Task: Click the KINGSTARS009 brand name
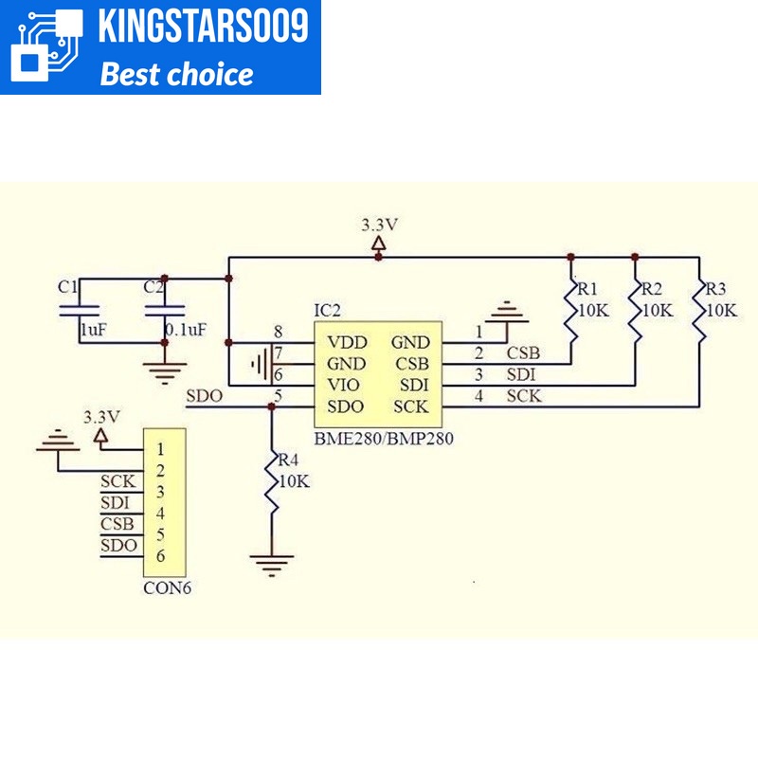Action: click(203, 26)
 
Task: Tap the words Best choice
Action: click(176, 74)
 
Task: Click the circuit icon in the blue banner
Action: click(46, 45)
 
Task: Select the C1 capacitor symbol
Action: click(80, 311)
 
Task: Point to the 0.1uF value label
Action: click(186, 330)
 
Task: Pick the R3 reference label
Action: click(716, 289)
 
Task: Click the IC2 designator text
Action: click(327, 311)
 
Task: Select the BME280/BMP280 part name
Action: click(384, 439)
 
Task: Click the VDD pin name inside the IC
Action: click(347, 342)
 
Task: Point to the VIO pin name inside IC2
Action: click(343, 385)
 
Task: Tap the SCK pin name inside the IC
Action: click(411, 406)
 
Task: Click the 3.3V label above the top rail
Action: click(380, 225)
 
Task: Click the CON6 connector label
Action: click(168, 587)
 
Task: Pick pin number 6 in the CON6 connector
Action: click(160, 556)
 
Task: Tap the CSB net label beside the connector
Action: click(117, 524)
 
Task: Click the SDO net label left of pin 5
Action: click(205, 396)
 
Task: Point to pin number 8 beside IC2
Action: click(278, 332)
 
